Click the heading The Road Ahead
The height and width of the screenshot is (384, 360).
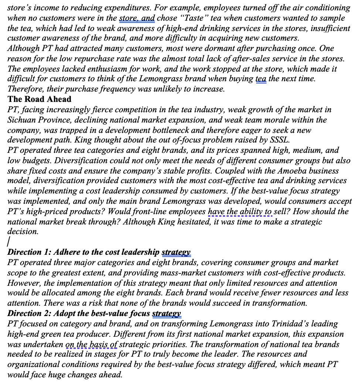(39, 99)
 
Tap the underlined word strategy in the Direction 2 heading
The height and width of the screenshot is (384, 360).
(166, 313)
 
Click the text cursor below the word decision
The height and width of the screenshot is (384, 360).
(9, 242)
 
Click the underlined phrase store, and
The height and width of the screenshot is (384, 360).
(137, 18)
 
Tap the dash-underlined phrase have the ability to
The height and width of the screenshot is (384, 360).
(240, 211)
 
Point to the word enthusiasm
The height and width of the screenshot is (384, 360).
(91, 69)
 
